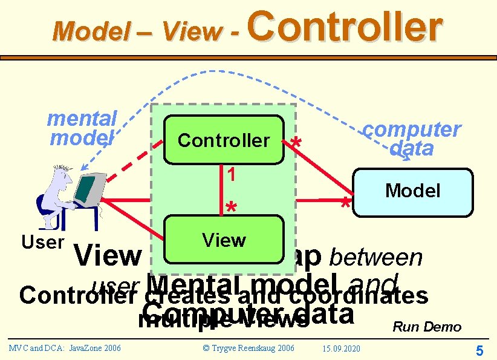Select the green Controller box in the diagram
click(x=223, y=140)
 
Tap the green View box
click(x=224, y=240)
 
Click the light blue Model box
click(x=412, y=192)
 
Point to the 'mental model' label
click(x=82, y=128)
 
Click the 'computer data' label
click(x=411, y=139)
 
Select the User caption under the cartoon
click(x=42, y=243)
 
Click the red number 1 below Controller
click(x=231, y=174)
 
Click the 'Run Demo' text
click(x=427, y=327)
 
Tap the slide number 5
click(x=479, y=350)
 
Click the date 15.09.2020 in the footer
click(x=342, y=349)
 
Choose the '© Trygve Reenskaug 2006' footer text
click(x=248, y=348)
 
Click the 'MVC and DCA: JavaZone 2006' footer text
click(x=65, y=348)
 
